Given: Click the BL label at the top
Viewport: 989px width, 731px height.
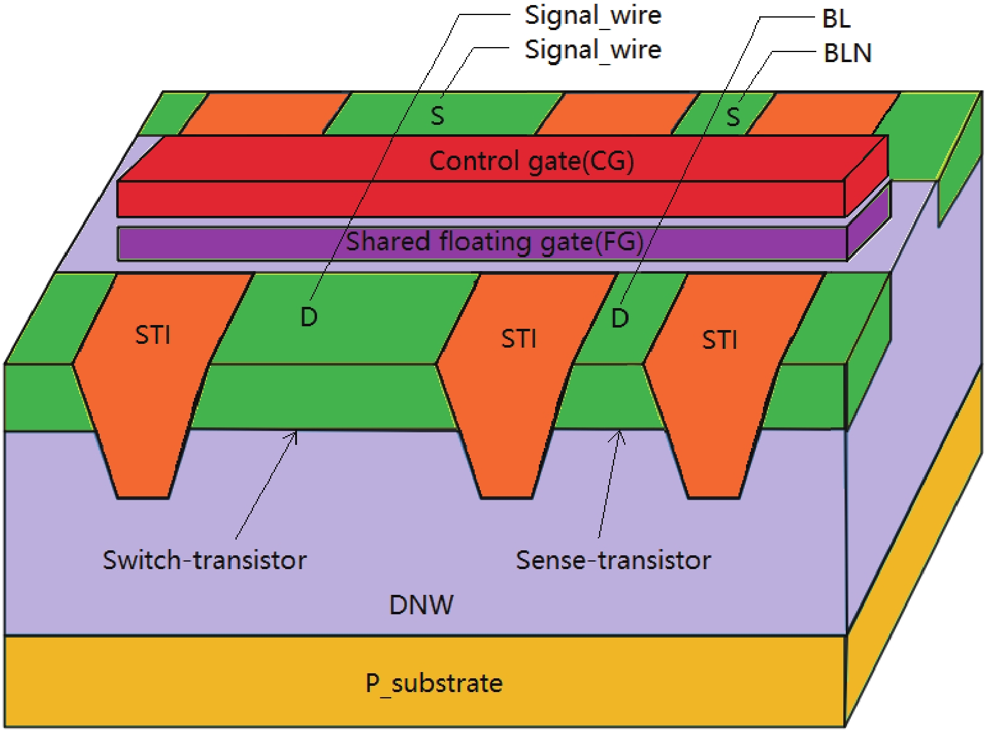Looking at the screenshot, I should (836, 19).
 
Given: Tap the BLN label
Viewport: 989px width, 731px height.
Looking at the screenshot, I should (848, 53).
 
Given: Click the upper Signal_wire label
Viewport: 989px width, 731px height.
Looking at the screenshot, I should (593, 16).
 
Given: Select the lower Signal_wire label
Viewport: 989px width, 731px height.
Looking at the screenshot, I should (593, 50).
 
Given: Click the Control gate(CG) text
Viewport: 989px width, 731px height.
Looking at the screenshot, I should (531, 161).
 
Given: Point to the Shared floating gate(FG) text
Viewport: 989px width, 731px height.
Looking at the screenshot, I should (495, 242).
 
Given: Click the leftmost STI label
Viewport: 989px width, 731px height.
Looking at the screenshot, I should (153, 335).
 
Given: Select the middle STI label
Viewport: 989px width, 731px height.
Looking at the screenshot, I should (519, 339).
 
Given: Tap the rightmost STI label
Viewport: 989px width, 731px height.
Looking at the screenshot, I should (720, 340).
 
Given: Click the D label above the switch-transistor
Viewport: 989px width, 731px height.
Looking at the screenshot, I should (309, 317).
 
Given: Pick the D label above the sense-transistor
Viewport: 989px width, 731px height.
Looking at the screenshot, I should (620, 319).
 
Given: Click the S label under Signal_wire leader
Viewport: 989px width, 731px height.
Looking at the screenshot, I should (437, 116).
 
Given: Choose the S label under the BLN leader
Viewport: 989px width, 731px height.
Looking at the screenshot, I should (733, 117).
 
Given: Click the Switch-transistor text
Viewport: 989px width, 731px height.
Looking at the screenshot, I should (205, 560).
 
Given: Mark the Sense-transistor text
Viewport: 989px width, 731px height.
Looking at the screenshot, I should (613, 560).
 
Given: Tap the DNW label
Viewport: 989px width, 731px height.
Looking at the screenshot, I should (421, 605).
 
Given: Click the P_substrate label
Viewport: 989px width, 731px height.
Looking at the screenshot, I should (434, 683).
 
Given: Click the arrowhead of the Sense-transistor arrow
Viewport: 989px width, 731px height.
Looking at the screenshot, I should (619, 434).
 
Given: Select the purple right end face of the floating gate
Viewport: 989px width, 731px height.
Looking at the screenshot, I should (869, 225).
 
